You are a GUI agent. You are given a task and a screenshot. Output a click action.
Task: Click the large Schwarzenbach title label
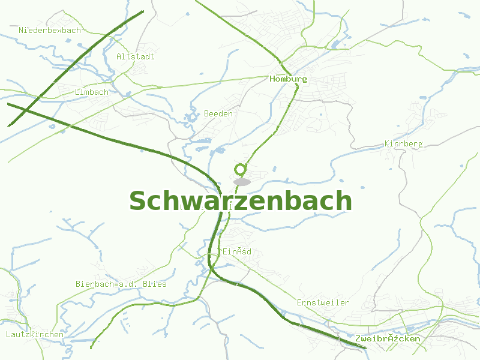click(240, 201)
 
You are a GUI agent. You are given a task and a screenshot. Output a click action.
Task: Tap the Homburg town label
click(289, 79)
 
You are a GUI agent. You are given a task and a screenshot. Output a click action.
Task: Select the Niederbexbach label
click(50, 30)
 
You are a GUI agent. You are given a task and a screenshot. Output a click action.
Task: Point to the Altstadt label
click(136, 56)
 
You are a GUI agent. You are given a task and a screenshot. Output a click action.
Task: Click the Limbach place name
click(92, 92)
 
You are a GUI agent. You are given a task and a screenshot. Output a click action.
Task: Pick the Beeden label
click(218, 113)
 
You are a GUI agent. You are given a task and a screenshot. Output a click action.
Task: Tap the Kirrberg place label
click(403, 144)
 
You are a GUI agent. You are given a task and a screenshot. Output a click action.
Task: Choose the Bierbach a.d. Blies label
click(121, 284)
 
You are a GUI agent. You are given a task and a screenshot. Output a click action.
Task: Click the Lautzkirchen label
click(35, 334)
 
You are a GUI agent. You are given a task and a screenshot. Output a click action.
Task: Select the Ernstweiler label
click(323, 302)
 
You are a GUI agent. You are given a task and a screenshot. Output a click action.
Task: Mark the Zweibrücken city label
click(388, 339)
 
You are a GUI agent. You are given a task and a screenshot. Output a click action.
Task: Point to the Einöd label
click(237, 251)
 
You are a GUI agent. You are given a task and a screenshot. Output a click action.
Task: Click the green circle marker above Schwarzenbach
click(241, 169)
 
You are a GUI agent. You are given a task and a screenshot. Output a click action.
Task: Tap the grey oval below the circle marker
click(242, 182)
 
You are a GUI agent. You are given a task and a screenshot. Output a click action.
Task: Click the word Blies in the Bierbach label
click(155, 284)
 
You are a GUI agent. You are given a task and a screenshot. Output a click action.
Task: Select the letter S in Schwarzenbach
click(139, 202)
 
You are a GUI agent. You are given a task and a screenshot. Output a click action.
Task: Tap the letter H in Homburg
click(273, 79)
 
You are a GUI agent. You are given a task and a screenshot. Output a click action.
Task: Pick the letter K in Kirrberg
click(387, 144)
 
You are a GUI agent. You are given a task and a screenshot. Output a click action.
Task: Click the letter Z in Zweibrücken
click(358, 339)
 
